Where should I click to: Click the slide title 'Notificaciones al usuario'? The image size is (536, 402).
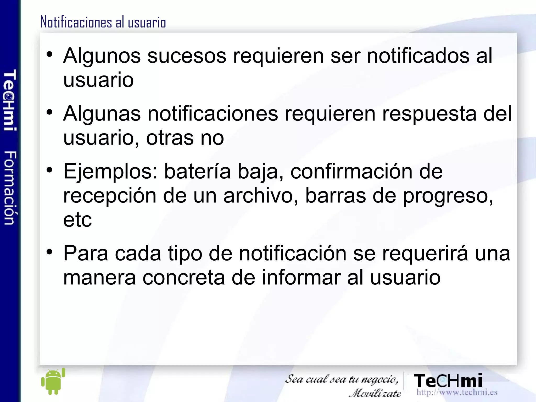(x=103, y=22)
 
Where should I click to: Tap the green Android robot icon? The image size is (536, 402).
(x=53, y=381)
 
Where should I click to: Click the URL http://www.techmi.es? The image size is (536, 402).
(x=457, y=392)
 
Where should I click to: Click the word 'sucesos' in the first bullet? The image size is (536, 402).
(x=187, y=56)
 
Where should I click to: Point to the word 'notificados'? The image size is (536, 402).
(x=418, y=56)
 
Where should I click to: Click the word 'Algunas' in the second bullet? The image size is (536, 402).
(x=102, y=114)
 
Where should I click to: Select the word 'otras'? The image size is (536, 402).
(x=170, y=138)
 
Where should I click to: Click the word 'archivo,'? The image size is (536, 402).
(x=261, y=196)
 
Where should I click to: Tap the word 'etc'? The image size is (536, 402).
(x=77, y=220)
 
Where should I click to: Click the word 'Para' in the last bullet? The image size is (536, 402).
(x=86, y=254)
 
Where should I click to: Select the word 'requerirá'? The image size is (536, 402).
(x=425, y=254)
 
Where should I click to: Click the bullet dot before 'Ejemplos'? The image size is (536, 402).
(x=50, y=170)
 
